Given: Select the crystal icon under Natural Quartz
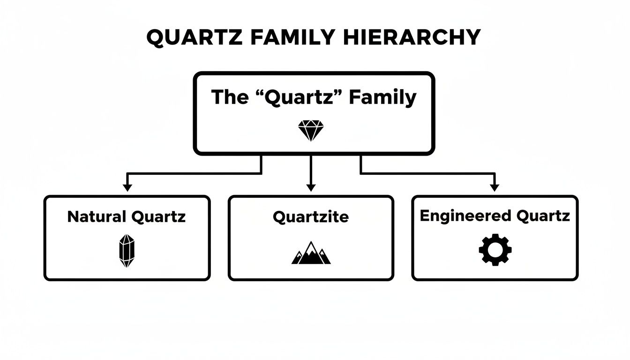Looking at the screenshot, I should click(127, 251).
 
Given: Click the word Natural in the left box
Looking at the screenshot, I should click(97, 217).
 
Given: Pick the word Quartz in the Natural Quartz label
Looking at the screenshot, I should click(159, 217).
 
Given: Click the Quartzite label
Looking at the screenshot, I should click(310, 217).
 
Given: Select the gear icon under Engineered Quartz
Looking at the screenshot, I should click(495, 250).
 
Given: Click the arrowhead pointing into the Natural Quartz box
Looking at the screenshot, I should click(127, 188).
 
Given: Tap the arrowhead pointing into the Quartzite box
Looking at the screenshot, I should click(310, 188).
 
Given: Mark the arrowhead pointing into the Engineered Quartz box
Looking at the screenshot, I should click(494, 188).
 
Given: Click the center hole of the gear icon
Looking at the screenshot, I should click(495, 250).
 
